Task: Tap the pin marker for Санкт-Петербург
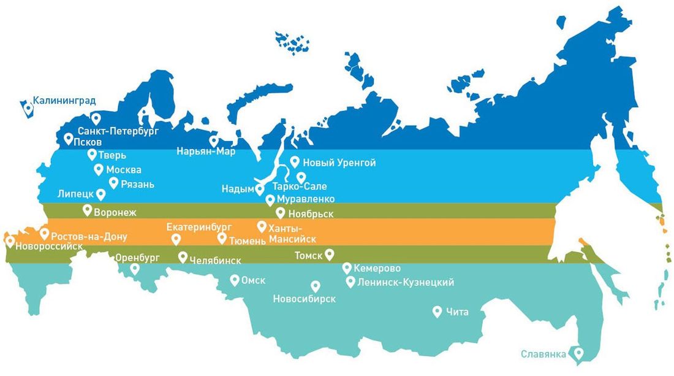[96, 118]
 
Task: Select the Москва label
[124, 170]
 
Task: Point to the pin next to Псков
[69, 139]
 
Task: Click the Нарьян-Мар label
[206, 151]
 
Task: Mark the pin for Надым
[260, 189]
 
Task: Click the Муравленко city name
[306, 199]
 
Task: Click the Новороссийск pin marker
[10, 241]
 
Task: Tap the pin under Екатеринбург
[176, 239]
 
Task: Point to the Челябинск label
[214, 260]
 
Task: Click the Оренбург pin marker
[135, 268]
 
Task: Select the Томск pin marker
[329, 253]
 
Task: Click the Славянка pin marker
[577, 353]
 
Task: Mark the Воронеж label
[115, 213]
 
